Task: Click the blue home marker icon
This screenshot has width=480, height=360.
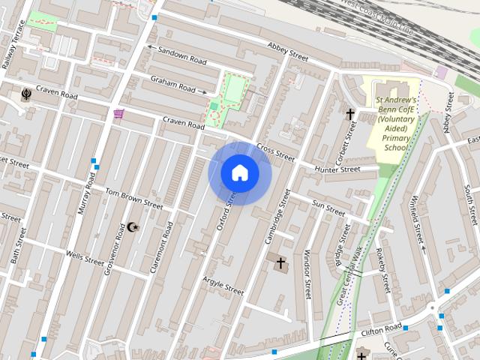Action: coord(240,173)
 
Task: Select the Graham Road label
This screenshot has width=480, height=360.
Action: coord(172,82)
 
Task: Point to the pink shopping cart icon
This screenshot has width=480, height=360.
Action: coord(118,114)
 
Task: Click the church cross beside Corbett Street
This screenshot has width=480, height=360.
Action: coord(349,114)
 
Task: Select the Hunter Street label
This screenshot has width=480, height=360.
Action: coord(337,170)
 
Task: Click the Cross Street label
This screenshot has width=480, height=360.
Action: coord(275,152)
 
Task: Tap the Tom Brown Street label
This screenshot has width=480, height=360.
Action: coord(133,198)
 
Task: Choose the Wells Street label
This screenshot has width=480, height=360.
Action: coord(85,259)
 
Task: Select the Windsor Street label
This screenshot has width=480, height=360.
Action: coord(307,275)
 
